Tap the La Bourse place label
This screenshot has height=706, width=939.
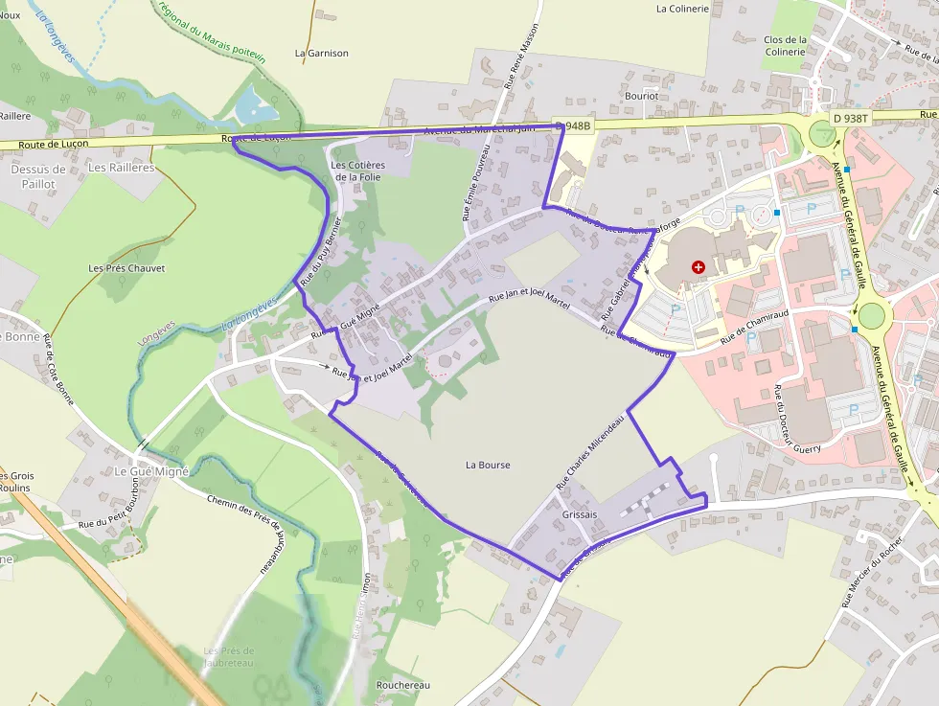pos(488,466)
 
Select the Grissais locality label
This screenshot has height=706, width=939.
pos(581,514)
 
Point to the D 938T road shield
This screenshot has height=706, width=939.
pos(850,119)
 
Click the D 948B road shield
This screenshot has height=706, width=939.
pos(574,125)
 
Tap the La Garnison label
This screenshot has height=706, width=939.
pos(322,54)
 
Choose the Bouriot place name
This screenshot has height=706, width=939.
pos(641,96)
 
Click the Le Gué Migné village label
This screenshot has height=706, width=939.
pos(152,471)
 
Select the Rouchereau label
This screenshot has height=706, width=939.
pos(403,686)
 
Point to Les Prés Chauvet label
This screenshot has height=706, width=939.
pos(126,268)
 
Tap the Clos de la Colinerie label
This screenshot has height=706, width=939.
pos(785,46)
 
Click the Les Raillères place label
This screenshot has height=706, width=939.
pos(121,168)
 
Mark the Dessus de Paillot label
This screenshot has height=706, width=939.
pos(38,176)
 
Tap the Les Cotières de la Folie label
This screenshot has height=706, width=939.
pos(357,171)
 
